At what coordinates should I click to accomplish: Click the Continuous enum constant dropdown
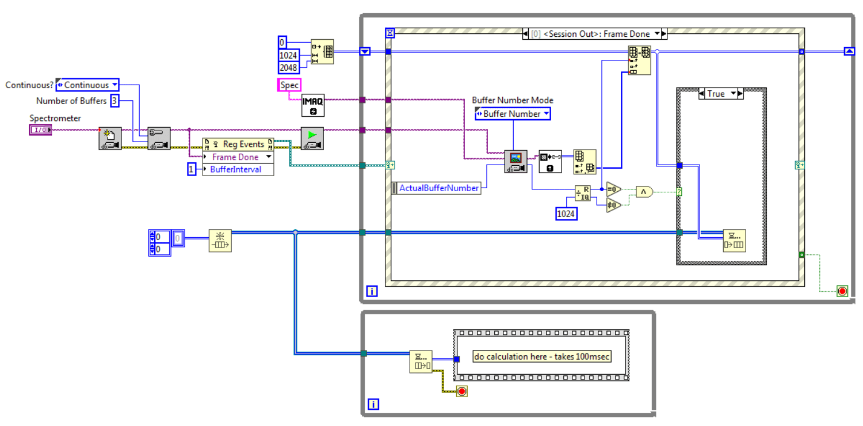coord(87,85)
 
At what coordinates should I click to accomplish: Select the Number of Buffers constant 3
coord(115,101)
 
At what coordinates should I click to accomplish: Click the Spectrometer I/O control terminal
coord(40,130)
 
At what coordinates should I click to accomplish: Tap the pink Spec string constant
coord(289,85)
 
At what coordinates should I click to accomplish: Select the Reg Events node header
coord(238,144)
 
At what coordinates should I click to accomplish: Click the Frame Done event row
coord(238,157)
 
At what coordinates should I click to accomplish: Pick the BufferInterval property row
coord(238,169)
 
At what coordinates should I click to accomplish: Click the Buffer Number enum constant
coord(512,114)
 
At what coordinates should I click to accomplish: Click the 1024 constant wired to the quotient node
coord(566,214)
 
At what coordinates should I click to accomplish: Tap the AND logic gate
coord(644,192)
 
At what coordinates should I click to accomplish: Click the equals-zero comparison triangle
coord(614,188)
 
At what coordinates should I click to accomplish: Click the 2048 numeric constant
coord(288,68)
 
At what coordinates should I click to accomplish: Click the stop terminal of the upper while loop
coord(842,291)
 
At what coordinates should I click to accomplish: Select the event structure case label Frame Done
coord(594,34)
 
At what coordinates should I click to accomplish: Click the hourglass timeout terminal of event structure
coord(390,34)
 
